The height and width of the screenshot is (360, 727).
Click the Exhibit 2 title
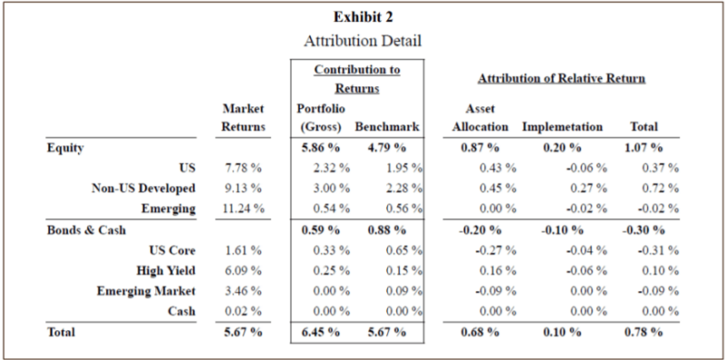point(363,17)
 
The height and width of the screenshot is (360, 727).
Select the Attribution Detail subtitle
point(363,40)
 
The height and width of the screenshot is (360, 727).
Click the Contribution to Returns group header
point(356,78)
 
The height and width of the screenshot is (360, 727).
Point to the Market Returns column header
point(242,117)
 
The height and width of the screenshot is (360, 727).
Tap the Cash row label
point(182,311)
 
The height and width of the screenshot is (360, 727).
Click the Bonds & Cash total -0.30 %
point(642,229)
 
